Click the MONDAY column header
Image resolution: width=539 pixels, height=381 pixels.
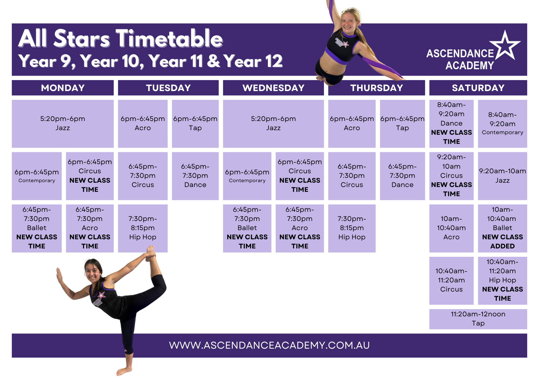point(63,88)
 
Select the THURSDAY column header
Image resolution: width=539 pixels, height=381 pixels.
point(376,88)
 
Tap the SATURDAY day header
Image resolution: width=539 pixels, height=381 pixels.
point(478,88)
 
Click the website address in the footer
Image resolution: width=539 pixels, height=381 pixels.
point(269,345)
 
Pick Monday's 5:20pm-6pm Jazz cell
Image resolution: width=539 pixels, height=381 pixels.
point(63,124)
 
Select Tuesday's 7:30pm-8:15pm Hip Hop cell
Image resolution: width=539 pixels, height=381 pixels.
point(143,228)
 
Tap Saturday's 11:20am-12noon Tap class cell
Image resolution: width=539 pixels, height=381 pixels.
point(478,319)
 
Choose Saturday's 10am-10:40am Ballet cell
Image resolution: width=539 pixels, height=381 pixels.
point(502,228)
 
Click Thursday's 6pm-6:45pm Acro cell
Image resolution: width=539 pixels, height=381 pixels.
point(352,124)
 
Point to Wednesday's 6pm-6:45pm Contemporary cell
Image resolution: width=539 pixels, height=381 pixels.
point(247,176)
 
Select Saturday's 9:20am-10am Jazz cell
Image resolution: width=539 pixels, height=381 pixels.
point(502,176)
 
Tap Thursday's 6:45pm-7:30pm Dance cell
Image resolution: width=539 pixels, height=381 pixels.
point(402,176)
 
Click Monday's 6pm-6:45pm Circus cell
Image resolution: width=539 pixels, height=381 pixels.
point(90,176)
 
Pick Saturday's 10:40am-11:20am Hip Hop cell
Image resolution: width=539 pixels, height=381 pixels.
point(502,280)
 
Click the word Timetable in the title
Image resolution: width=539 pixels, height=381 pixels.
point(169,39)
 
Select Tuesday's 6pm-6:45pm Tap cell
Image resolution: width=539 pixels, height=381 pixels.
point(195,124)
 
